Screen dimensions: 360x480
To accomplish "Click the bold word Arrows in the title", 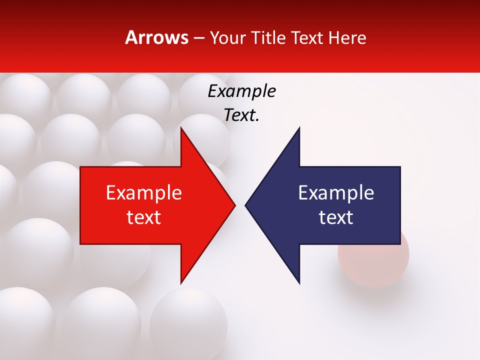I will tap(157, 37).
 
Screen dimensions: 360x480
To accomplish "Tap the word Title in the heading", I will tap(270, 37).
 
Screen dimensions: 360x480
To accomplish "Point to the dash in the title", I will tap(198, 38).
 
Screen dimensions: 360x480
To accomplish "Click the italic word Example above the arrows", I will tap(241, 91).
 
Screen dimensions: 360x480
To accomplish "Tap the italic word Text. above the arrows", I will tap(241, 115).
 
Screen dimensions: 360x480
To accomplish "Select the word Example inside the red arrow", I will tap(144, 192).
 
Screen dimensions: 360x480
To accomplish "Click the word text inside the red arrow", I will tap(144, 217).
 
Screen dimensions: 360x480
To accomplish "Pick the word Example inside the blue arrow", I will tap(336, 192).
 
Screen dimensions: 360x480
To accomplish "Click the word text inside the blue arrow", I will tap(336, 217).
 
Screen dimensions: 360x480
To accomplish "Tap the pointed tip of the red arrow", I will tap(234, 205).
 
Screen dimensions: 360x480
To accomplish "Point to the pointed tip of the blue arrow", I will tap(246, 205).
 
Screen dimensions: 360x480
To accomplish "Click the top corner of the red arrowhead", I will tap(181, 128).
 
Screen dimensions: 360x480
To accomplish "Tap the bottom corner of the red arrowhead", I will tap(181, 282).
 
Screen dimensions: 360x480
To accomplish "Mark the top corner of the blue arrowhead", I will tap(299, 128).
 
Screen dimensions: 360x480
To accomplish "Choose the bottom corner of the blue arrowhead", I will tap(299, 282).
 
